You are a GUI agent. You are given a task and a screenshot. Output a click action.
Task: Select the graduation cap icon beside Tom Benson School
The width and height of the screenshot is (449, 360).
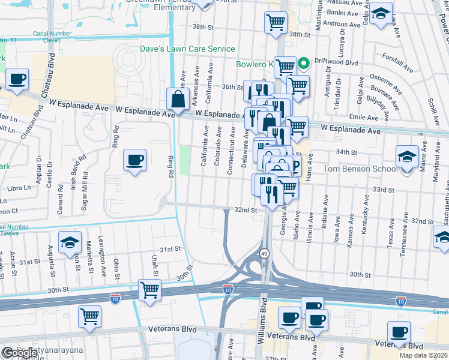407,157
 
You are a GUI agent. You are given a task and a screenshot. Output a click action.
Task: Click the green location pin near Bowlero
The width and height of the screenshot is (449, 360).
304,62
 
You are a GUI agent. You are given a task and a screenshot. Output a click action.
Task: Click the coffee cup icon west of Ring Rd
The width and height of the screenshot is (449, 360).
134,160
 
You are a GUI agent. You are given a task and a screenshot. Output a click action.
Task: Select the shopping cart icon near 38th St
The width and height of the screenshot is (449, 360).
275,23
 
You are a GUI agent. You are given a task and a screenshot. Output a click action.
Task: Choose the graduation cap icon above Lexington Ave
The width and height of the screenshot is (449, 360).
70,242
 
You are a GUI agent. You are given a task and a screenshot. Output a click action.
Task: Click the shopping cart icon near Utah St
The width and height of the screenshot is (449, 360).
149,290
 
